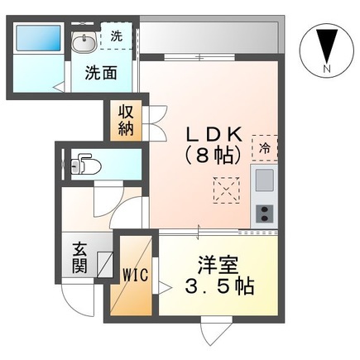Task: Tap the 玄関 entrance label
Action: click(x=79, y=257)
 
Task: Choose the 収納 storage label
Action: click(x=124, y=121)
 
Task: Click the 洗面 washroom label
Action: click(x=98, y=72)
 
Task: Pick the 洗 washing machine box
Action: click(x=116, y=37)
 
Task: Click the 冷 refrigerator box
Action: click(x=264, y=149)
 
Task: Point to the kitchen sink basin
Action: click(x=264, y=180)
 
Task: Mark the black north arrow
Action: click(x=325, y=46)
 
